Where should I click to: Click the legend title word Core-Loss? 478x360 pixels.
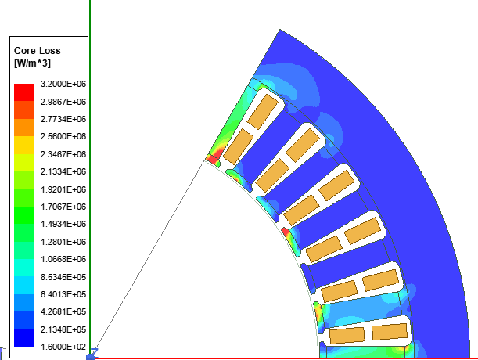point(38,51)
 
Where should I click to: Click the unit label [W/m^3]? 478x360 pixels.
point(32,63)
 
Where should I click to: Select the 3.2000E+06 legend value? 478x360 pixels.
point(63,84)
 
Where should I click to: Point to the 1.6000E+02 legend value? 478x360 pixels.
point(63,347)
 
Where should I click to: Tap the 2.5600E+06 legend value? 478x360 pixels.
point(63,136)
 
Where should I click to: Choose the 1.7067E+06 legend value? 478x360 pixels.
point(63,207)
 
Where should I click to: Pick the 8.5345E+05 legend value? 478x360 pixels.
point(63,277)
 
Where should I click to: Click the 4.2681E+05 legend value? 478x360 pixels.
point(63,311)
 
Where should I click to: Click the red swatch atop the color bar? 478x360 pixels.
point(23,92)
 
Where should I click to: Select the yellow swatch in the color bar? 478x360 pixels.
point(23,145)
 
